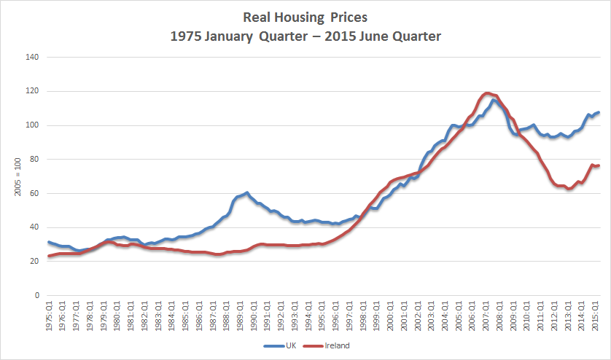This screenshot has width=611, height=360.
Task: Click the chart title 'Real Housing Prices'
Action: click(x=305, y=17)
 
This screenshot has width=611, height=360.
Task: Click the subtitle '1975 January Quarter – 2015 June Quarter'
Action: click(x=305, y=35)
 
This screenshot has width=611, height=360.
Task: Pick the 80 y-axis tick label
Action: click(x=33, y=160)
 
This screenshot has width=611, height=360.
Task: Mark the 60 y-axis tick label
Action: click(x=33, y=193)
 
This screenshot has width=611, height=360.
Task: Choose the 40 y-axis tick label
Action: click(x=33, y=227)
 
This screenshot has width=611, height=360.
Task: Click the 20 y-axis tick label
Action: click(x=33, y=262)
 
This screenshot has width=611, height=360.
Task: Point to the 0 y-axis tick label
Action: click(x=35, y=296)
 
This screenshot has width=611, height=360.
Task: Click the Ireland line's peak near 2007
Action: click(x=487, y=93)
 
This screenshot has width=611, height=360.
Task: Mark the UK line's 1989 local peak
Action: click(x=247, y=192)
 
